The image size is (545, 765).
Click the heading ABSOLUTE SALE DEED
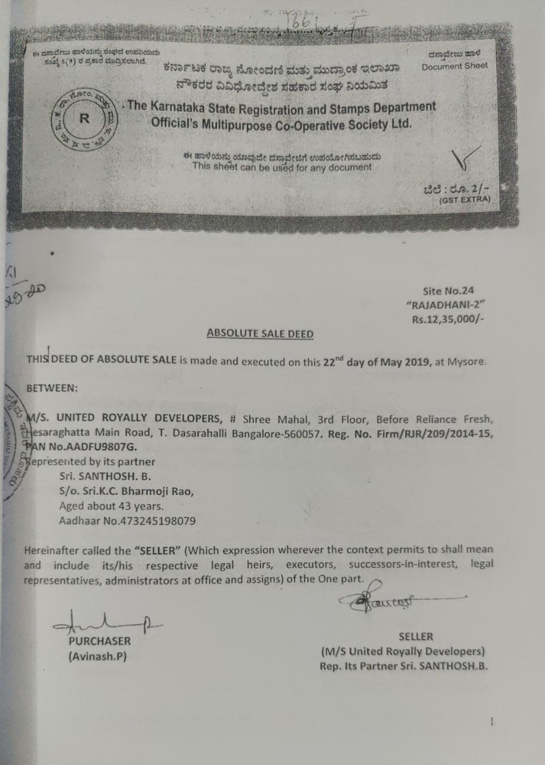[259, 333]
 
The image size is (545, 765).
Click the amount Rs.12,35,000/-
[446, 319]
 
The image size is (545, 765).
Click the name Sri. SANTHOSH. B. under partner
[105, 476]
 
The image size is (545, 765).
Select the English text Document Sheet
[454, 66]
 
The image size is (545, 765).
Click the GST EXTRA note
[464, 201]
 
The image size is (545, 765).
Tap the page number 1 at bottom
[491, 721]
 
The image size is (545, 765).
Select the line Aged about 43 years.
[111, 506]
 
